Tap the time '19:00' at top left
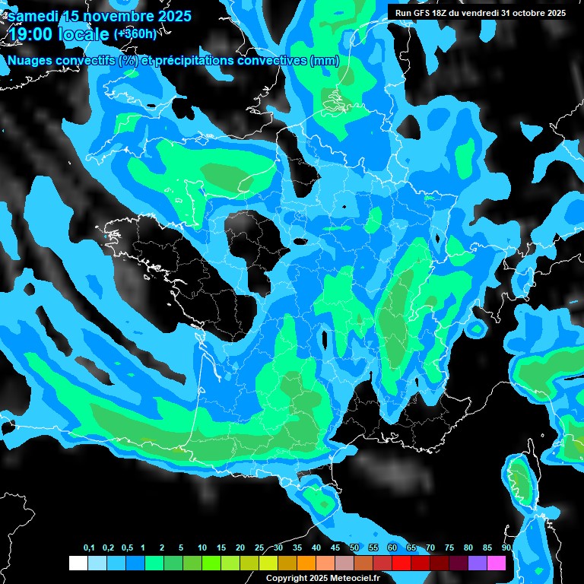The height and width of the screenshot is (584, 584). (x=31, y=33)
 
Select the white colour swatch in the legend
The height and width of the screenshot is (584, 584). (x=78, y=563)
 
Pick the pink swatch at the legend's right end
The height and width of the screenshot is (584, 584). (x=497, y=563)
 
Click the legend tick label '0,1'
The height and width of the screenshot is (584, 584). (x=89, y=548)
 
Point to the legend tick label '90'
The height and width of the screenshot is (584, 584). (x=506, y=548)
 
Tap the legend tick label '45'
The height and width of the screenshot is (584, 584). (x=335, y=548)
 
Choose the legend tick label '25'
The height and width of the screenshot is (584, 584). (x=259, y=548)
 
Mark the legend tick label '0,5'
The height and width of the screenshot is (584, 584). (x=127, y=548)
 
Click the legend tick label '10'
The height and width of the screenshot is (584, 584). (x=202, y=548)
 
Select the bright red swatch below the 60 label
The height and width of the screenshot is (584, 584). (x=401, y=563)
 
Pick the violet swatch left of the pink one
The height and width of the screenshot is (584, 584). (x=478, y=563)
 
